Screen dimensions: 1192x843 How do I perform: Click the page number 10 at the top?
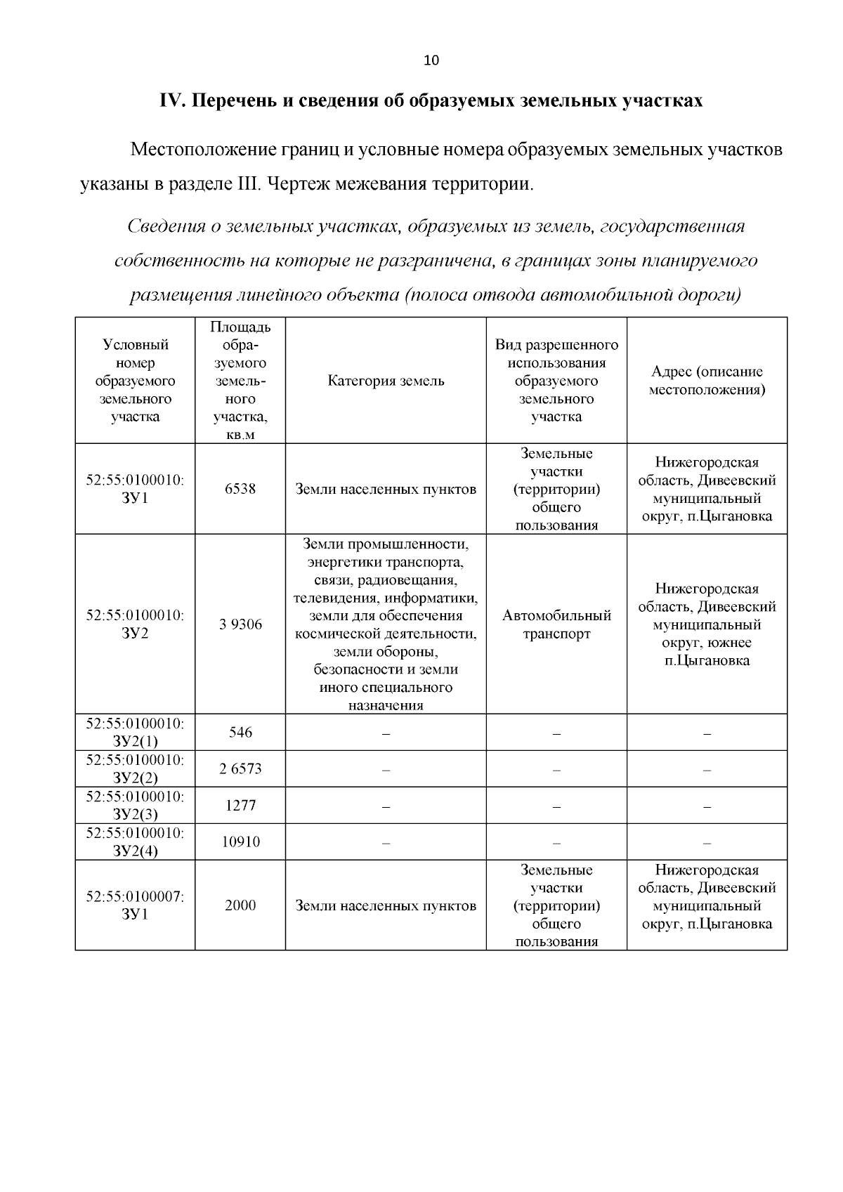tap(431, 60)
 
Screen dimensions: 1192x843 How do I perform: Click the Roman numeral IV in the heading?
tap(172, 100)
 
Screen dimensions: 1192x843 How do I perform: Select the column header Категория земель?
tap(386, 381)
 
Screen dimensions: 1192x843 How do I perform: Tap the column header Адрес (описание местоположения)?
tap(707, 380)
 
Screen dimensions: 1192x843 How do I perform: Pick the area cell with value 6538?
tap(240, 489)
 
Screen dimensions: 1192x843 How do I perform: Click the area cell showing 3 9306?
tap(240, 624)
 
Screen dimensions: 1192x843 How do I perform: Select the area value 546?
tap(240, 733)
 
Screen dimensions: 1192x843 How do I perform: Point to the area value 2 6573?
tap(240, 769)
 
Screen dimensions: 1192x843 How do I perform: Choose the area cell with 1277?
tap(240, 806)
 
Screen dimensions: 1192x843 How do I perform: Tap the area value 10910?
tap(240, 841)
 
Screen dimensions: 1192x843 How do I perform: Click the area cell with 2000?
tap(240, 905)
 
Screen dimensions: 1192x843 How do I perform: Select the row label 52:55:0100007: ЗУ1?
tap(135, 905)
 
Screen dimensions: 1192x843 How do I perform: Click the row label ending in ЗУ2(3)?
tap(135, 806)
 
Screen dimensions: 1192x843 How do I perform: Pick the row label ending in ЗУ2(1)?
tap(135, 733)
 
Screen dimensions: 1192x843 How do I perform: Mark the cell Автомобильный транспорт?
tap(556, 624)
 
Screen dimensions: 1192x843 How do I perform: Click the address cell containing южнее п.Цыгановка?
tap(707, 624)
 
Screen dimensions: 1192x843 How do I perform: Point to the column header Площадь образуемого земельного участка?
tap(240, 381)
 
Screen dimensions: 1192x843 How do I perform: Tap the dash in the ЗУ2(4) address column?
tap(707, 842)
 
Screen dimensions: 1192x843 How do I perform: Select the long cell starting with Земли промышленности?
tap(386, 624)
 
